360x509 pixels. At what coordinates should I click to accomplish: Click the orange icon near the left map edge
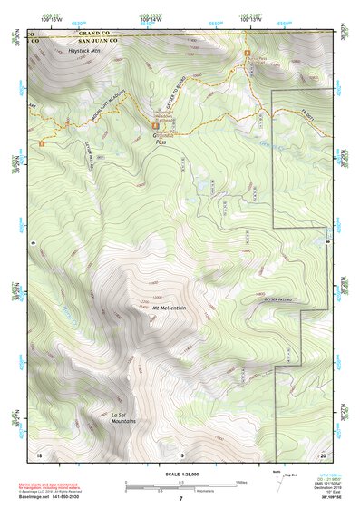[41, 142]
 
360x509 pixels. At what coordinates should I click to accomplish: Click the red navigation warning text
[56, 487]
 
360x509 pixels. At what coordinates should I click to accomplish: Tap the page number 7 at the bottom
[180, 500]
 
